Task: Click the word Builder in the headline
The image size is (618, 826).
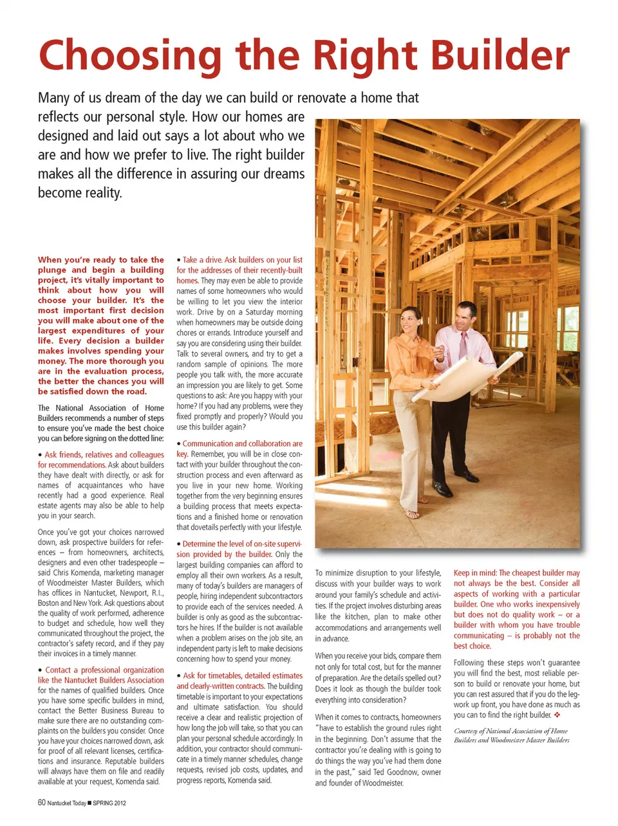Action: coord(500,55)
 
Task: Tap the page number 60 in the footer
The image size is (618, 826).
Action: coord(41,802)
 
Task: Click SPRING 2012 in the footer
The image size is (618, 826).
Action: coord(109,803)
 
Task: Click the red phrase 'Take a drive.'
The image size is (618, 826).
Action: coord(202,260)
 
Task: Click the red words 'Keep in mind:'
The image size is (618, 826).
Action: coord(475,573)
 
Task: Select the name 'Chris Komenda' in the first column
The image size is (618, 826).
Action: coord(76,573)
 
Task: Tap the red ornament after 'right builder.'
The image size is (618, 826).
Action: coord(557,715)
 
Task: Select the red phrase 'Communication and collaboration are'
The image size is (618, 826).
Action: coord(242,443)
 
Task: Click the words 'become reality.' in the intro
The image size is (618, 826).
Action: coord(80,193)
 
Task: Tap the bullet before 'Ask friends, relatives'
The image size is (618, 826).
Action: coord(40,455)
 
